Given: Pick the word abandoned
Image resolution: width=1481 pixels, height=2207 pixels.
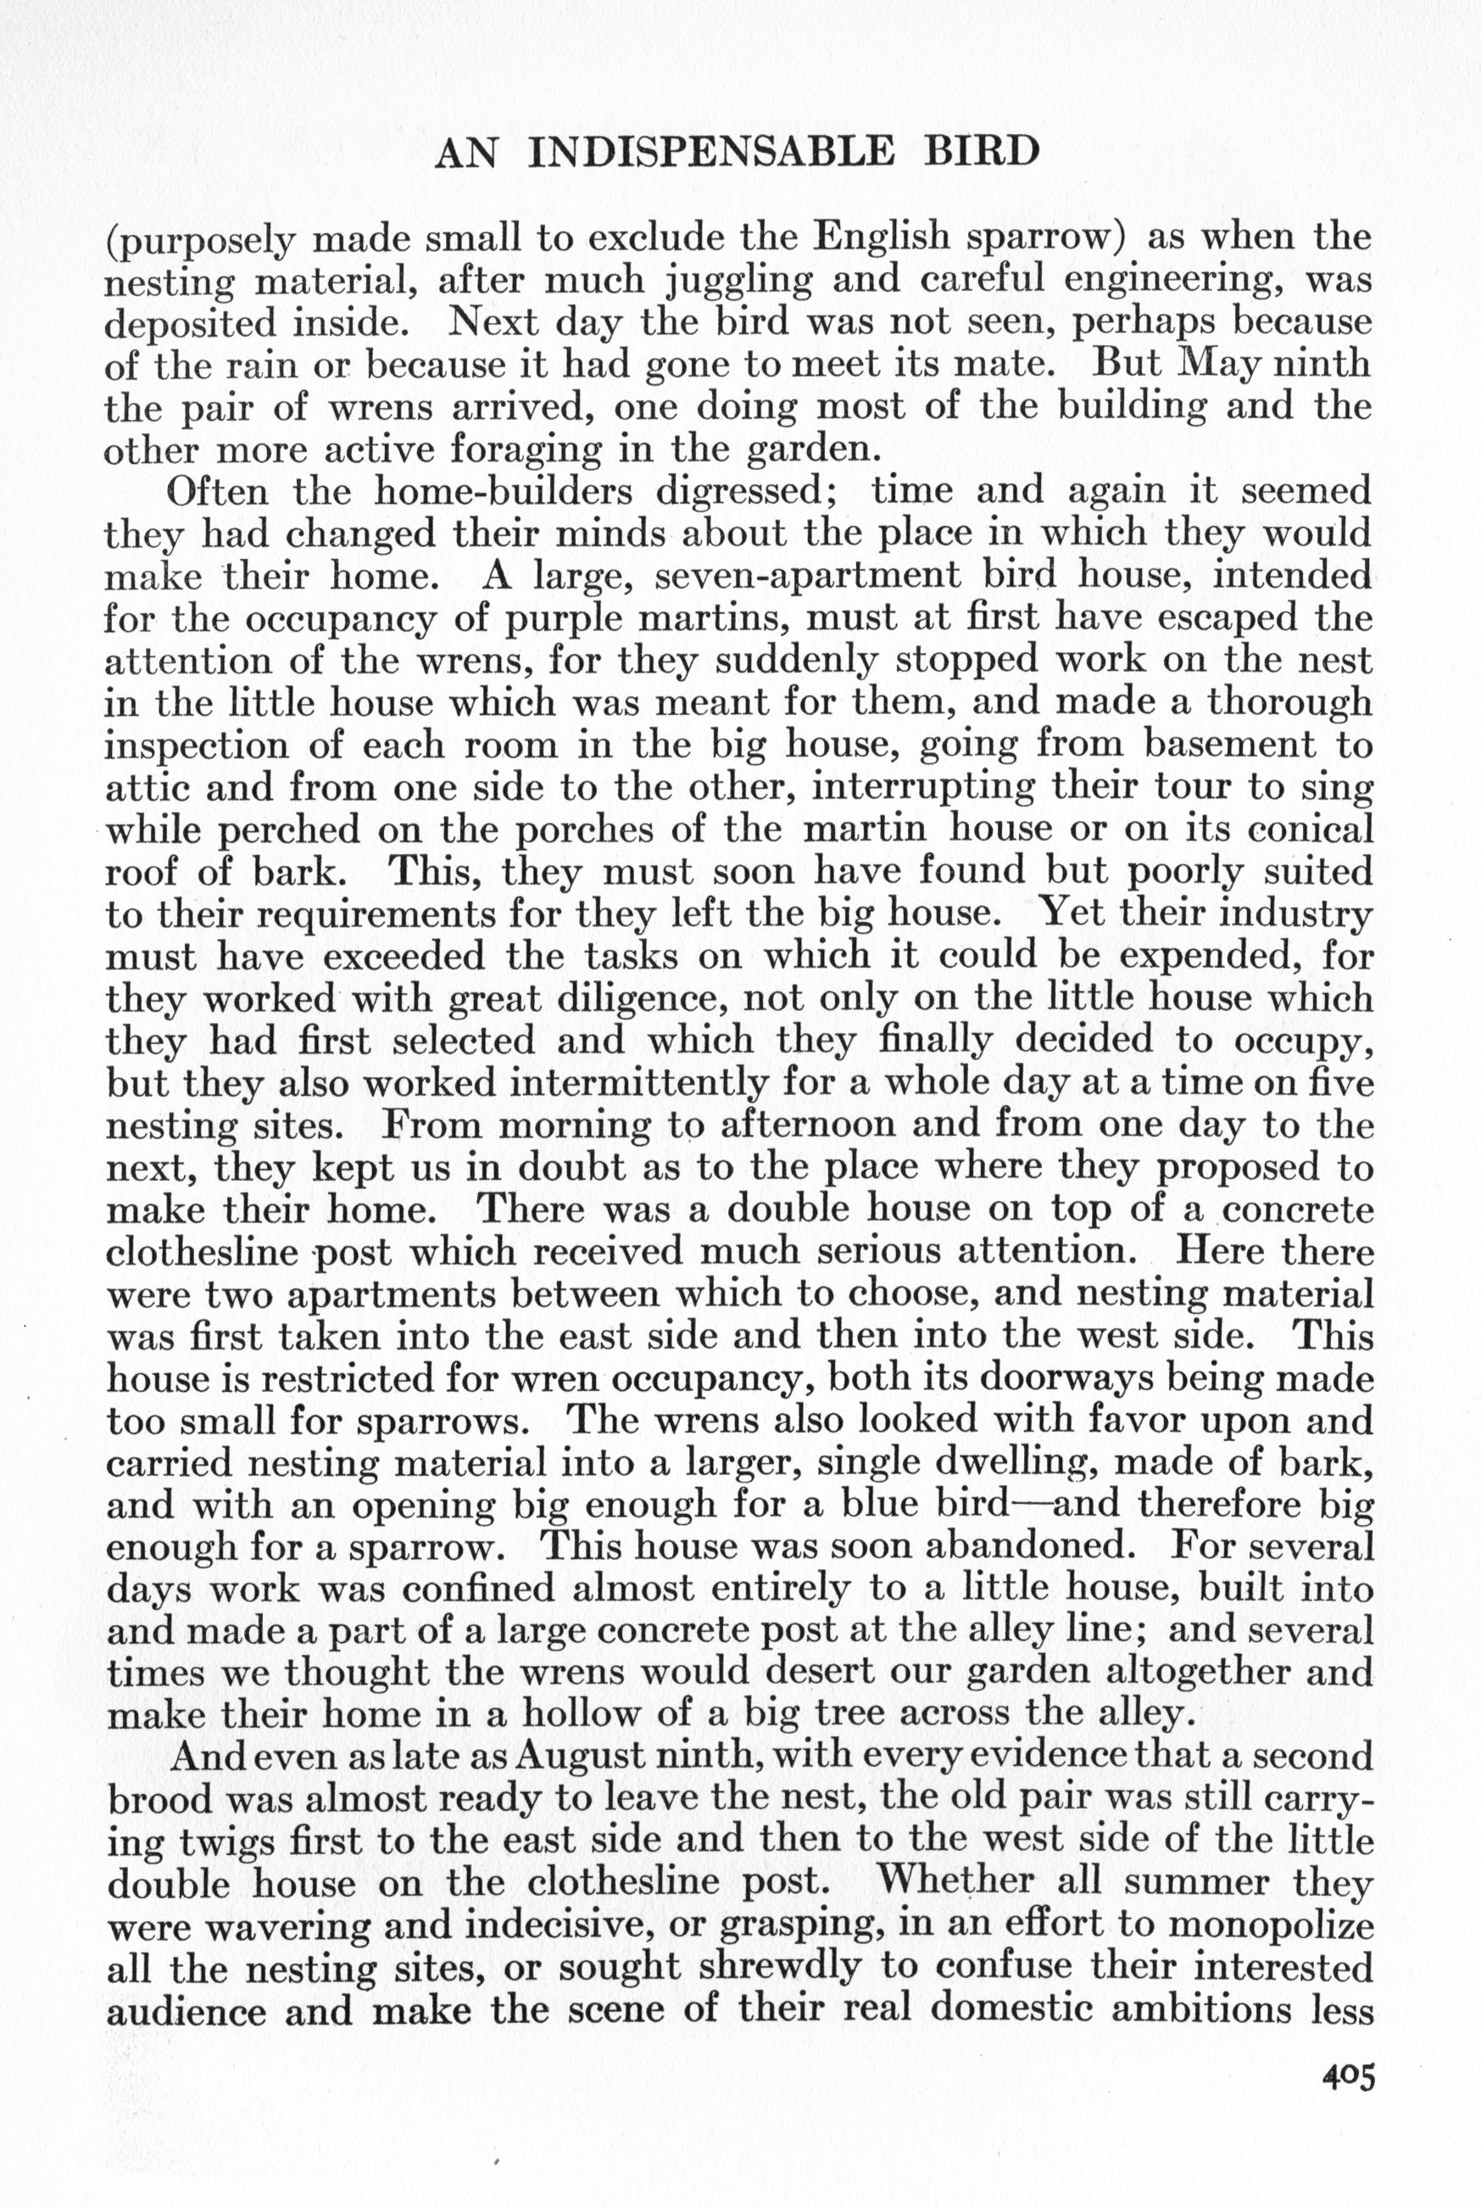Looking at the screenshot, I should (x=1025, y=1546).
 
